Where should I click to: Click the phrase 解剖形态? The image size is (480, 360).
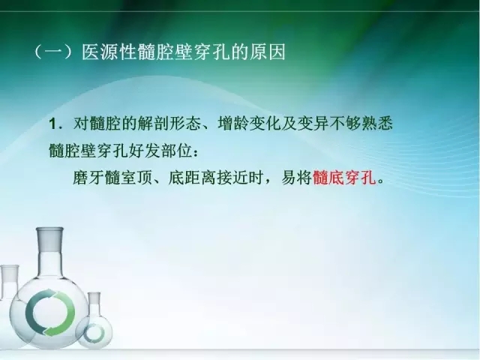(x=166, y=122)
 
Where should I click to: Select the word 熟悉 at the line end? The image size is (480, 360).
(x=375, y=122)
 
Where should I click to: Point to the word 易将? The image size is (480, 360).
(x=295, y=179)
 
